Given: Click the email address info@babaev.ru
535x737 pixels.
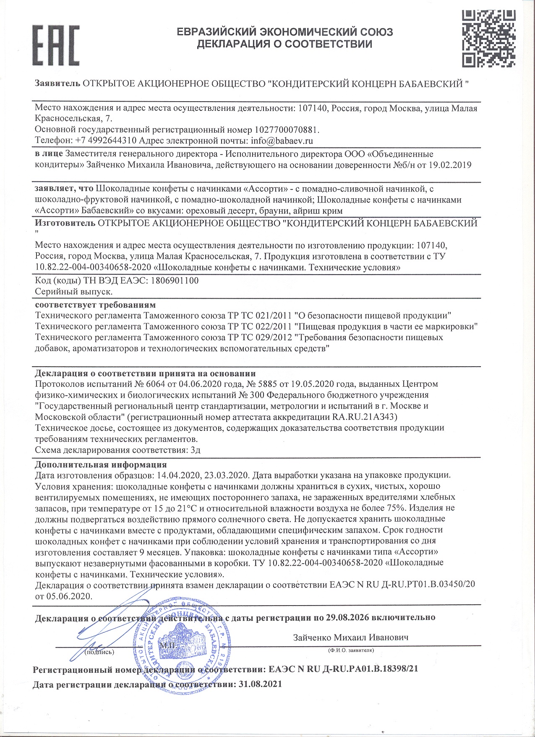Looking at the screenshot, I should pyautogui.click(x=282, y=141).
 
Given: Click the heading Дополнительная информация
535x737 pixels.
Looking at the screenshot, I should pyautogui.click(x=101, y=464).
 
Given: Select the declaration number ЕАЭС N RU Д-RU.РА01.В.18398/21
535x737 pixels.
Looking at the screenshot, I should pyautogui.click(x=343, y=669).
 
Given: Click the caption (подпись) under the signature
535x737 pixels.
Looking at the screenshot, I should pyautogui.click(x=99, y=652).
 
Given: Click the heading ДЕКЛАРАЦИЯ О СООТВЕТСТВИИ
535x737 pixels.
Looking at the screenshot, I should pyautogui.click(x=284, y=44).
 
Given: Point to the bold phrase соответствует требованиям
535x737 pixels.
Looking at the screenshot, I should pyautogui.click(x=95, y=304).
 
